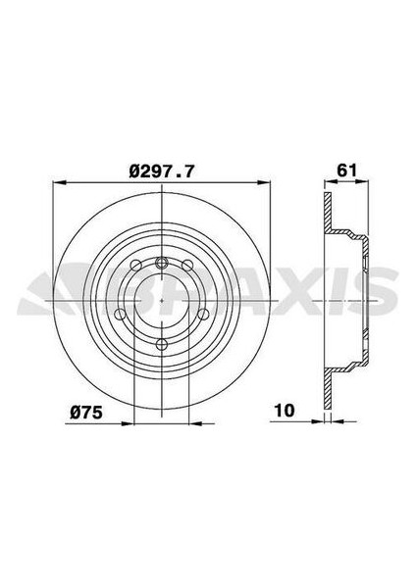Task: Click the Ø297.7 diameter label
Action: click(162, 171)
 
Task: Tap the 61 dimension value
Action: click(346, 171)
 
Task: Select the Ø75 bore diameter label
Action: click(86, 413)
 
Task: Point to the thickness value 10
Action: click(285, 411)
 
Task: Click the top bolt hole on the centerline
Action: click(162, 262)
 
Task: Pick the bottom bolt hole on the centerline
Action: click(162, 344)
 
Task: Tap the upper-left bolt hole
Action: click(135, 266)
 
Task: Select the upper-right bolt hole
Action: click(187, 266)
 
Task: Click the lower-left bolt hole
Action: click(120, 315)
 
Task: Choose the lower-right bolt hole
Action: click(203, 315)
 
